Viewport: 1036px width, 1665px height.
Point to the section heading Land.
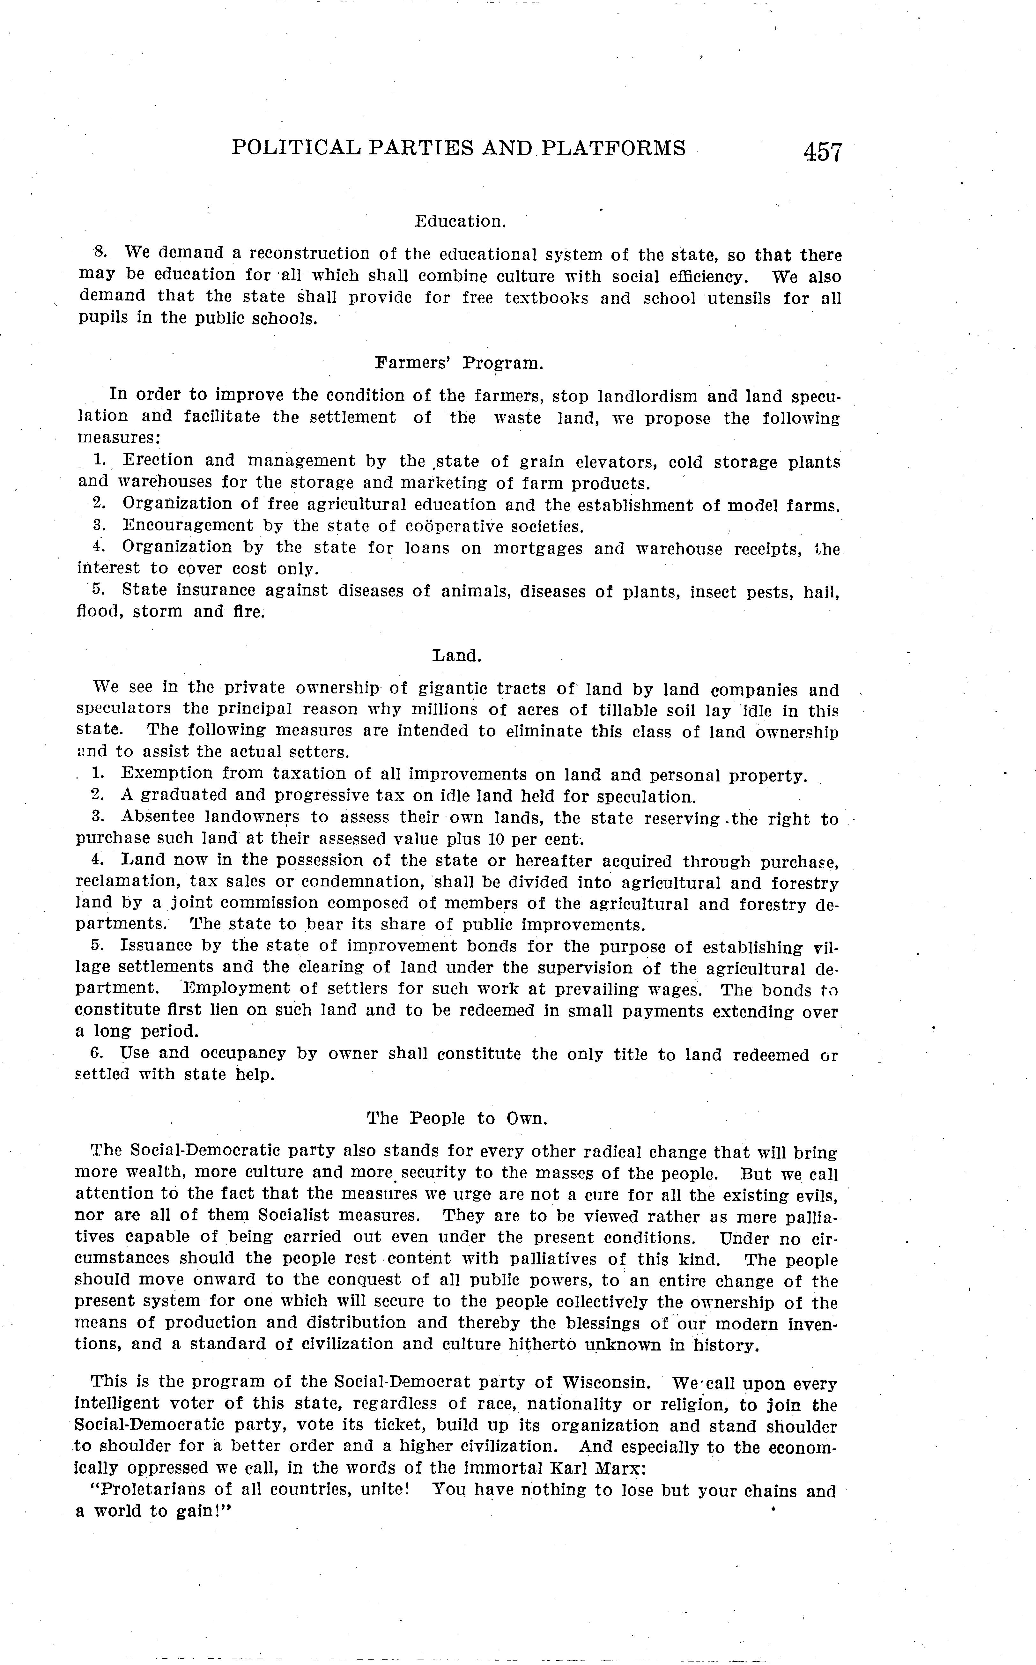[x=457, y=656]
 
